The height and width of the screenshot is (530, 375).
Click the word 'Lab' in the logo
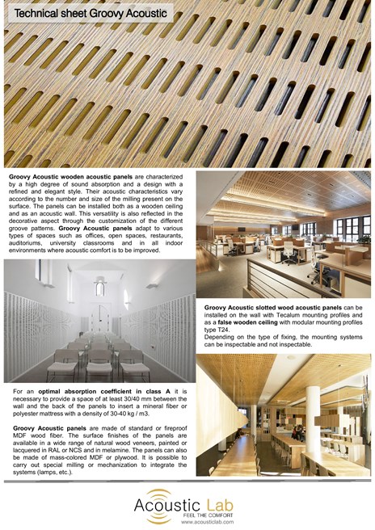tap(217, 504)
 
